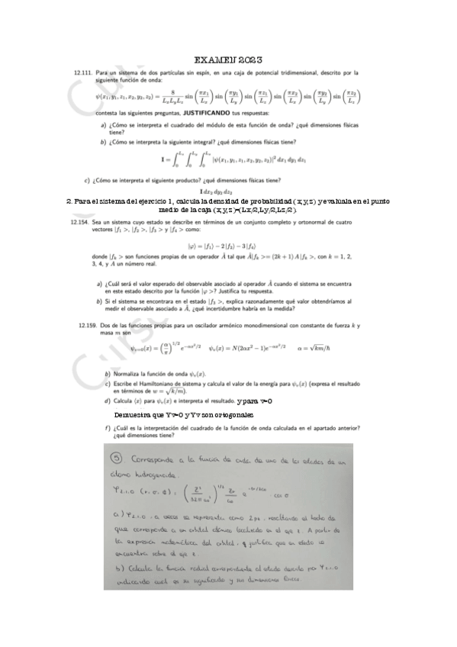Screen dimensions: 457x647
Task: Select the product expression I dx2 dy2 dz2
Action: pos(225,191)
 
